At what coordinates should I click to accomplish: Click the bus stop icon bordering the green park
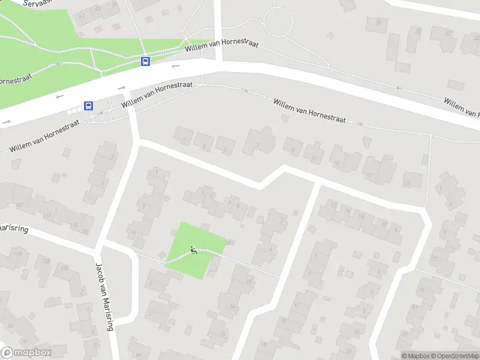point(145,61)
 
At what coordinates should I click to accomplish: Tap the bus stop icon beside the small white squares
point(89,106)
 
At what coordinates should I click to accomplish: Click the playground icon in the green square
point(193,250)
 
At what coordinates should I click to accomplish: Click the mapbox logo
point(26,353)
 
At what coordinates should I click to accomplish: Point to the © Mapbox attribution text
point(416,356)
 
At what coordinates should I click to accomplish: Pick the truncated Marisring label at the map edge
point(13,229)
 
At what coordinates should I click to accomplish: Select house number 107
point(20,205)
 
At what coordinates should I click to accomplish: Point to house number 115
point(74,225)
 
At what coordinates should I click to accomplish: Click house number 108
point(46,261)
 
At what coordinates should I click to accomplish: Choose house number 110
point(64,268)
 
